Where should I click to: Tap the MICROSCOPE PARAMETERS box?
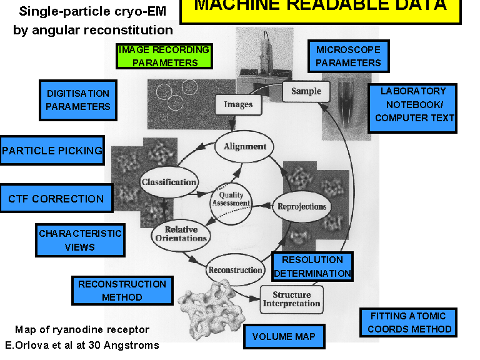coord(348,56)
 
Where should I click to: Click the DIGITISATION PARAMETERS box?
coord(78,99)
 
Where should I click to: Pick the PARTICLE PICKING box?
coord(52,151)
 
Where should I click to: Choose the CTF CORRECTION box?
coord(56,199)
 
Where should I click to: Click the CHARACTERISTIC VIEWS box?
coord(79,240)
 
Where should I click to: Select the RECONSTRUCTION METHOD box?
coord(122,291)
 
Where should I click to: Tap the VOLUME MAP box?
coord(284,337)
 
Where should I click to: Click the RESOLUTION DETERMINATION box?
coord(312,267)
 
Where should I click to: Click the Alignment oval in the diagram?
coord(245,147)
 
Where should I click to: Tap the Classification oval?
coord(169,182)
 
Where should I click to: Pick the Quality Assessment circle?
coord(231,199)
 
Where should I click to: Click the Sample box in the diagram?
coord(306,91)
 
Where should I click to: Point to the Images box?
coord(237,104)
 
